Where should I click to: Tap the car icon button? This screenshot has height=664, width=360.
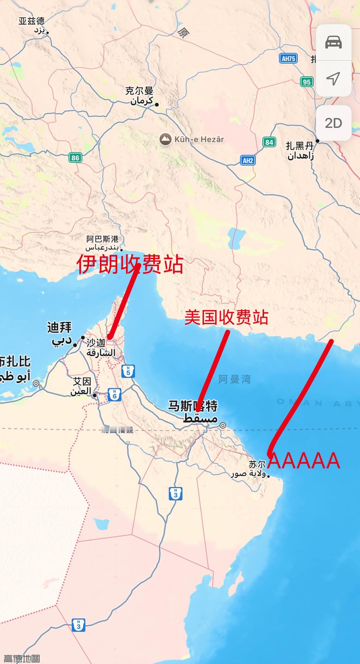pos(333,42)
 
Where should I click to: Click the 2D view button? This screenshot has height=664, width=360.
pos(333,123)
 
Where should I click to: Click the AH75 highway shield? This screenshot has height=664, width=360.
pos(288,58)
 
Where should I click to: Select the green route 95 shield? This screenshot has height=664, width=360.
pos(307,82)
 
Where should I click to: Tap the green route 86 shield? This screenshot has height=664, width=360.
pos(75,157)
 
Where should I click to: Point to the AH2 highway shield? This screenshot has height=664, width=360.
pos(248,160)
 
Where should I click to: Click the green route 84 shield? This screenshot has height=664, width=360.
pos(269,142)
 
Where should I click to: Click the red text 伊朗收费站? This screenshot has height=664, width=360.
pos(129,265)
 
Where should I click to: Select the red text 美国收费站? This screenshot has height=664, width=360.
pos(226,317)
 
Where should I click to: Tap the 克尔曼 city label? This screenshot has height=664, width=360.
pos(139,91)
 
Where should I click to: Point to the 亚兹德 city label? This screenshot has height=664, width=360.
pos(31,21)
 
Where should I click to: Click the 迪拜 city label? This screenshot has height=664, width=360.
pos(59,328)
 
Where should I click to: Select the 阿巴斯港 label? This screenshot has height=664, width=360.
pos(103,239)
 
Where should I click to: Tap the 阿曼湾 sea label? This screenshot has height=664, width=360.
pos(235,379)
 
